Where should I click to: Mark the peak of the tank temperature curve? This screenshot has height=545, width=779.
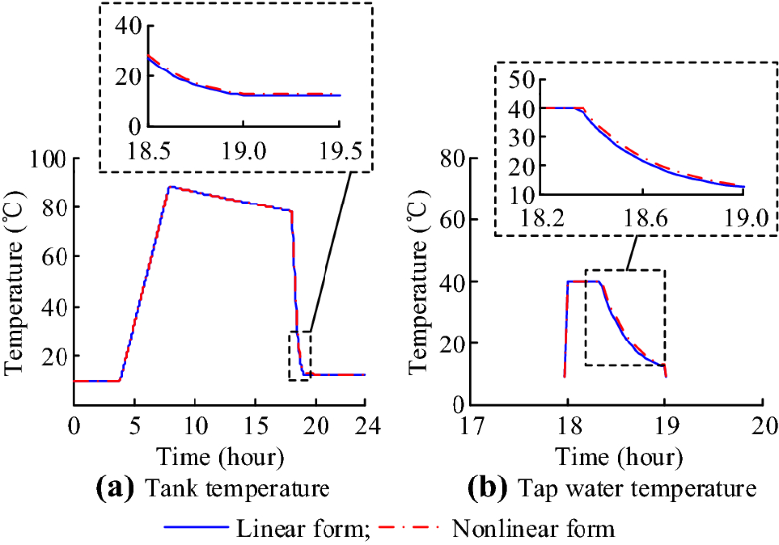click(170, 186)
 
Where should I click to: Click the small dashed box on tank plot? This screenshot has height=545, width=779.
click(300, 354)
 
